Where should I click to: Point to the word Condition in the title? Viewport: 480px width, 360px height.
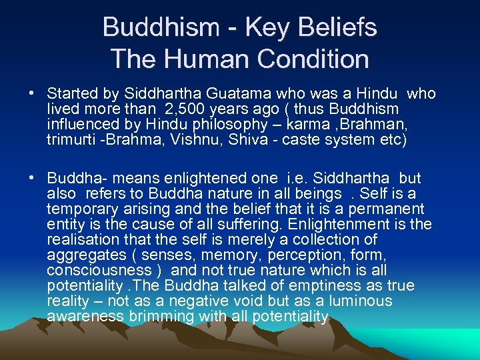(x=313, y=59)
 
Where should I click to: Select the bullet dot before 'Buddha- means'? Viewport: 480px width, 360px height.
(x=31, y=179)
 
